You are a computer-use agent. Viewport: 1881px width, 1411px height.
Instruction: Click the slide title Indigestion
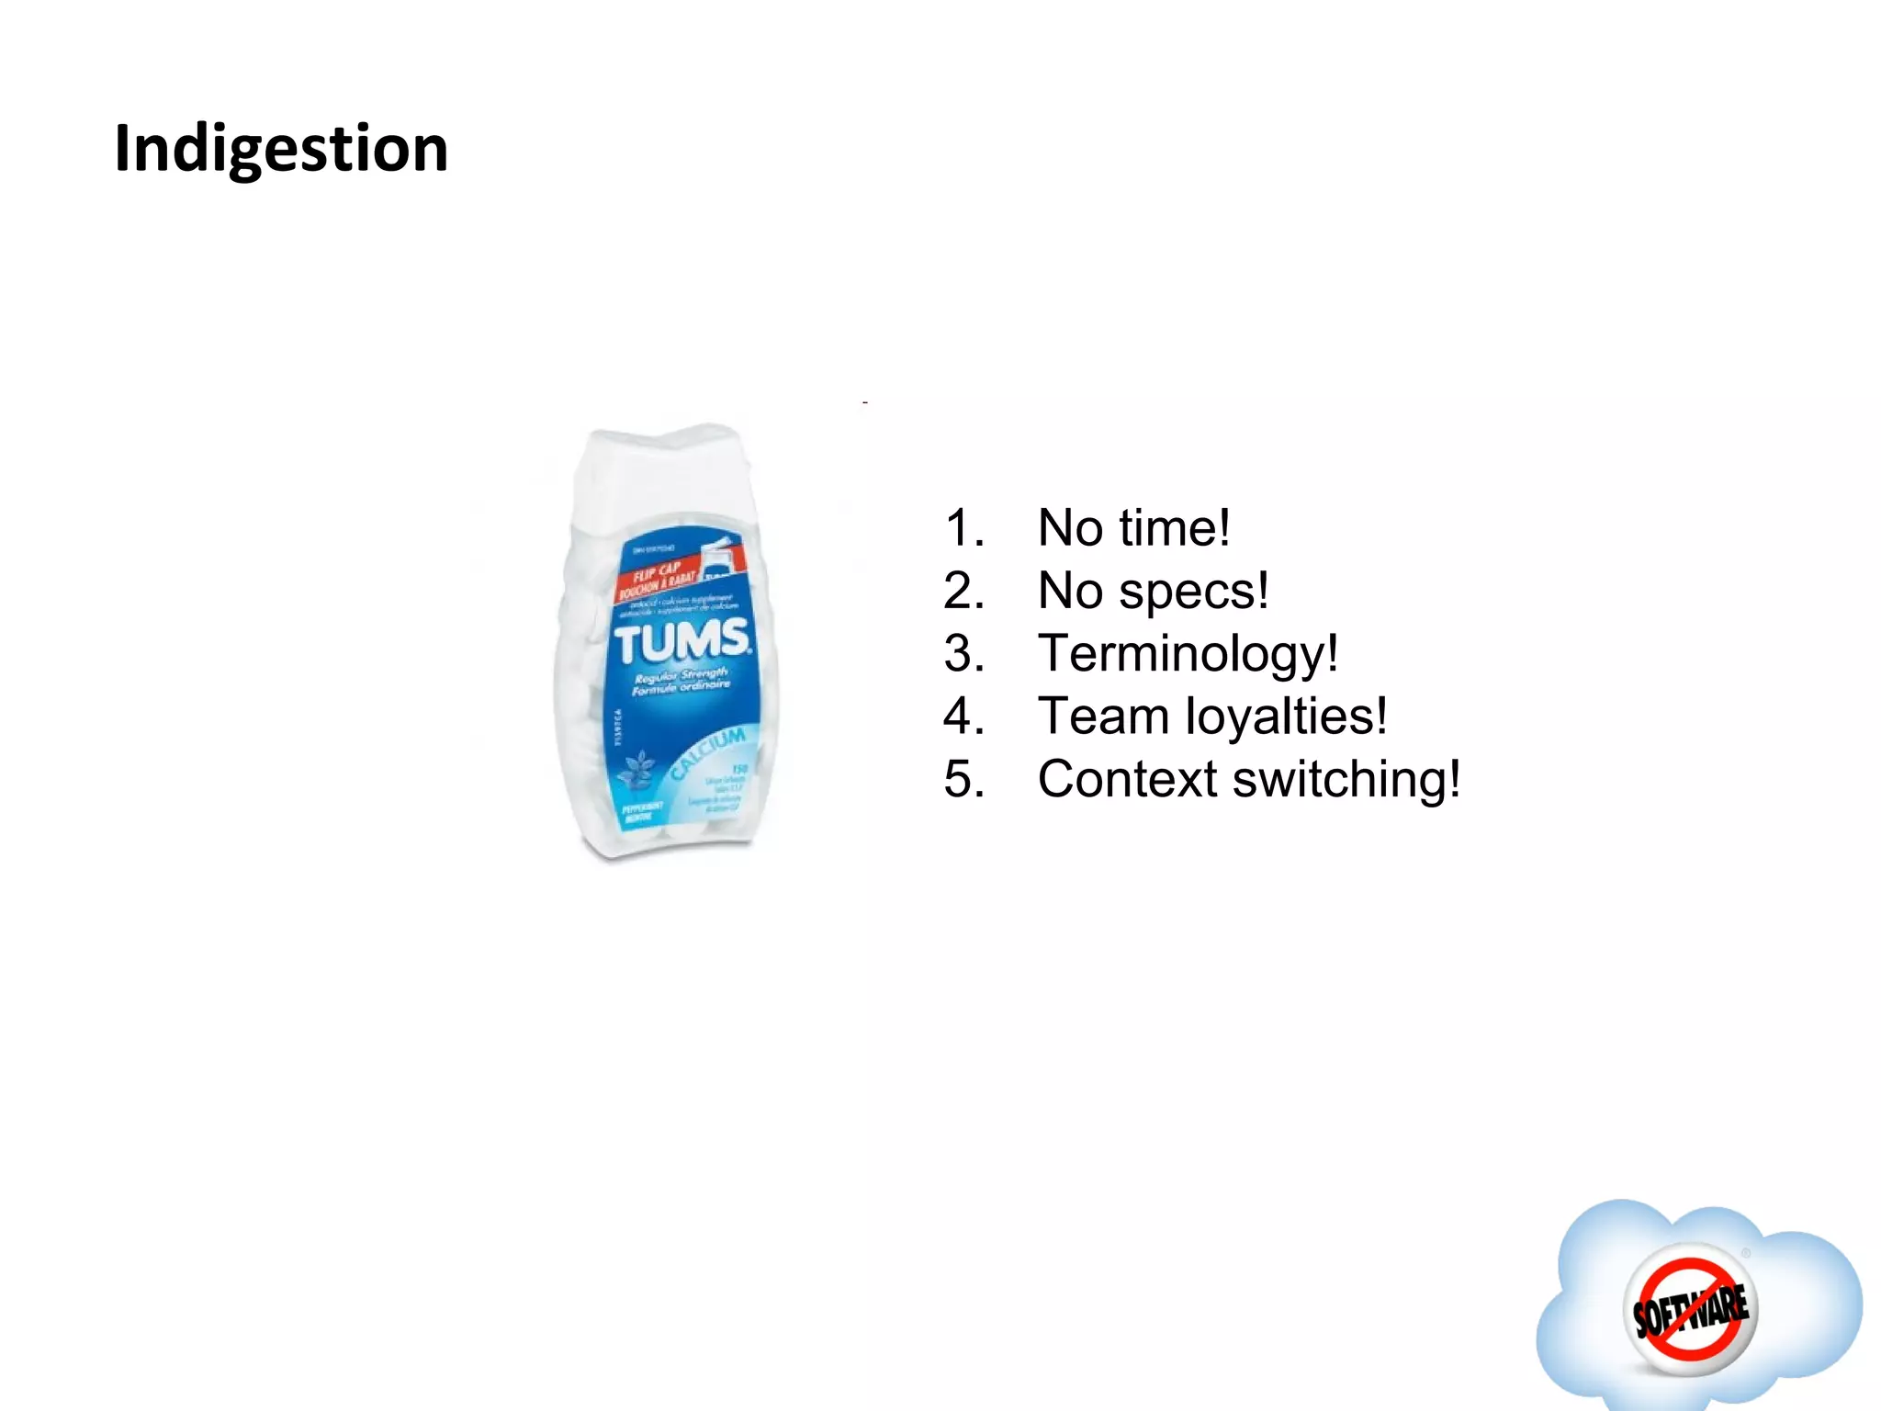tap(281, 149)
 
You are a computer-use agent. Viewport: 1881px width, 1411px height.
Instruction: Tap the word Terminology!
tap(1188, 654)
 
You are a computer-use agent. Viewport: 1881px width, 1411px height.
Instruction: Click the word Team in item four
tap(1102, 717)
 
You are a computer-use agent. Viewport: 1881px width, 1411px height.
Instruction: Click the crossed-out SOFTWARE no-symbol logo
tap(1690, 1309)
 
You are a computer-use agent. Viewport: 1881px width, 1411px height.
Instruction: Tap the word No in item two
tap(1070, 591)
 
